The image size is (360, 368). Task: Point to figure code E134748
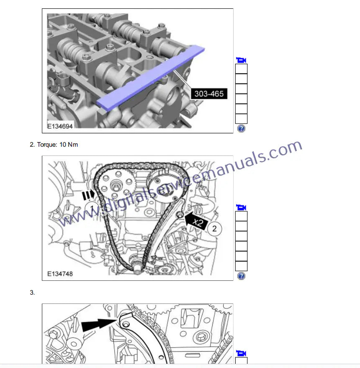tap(60, 274)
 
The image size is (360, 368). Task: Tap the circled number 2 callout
tap(214, 228)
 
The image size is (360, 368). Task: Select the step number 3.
tap(32, 293)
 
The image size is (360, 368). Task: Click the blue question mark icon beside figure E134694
tap(241, 129)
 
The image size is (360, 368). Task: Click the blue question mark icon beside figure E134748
tap(241, 276)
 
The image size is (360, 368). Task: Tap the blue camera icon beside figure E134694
tap(241, 60)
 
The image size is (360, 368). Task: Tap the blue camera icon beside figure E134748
tap(241, 207)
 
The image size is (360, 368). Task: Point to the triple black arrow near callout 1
tap(88, 195)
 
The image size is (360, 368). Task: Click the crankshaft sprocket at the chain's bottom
tap(136, 264)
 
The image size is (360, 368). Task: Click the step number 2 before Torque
tap(32, 145)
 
